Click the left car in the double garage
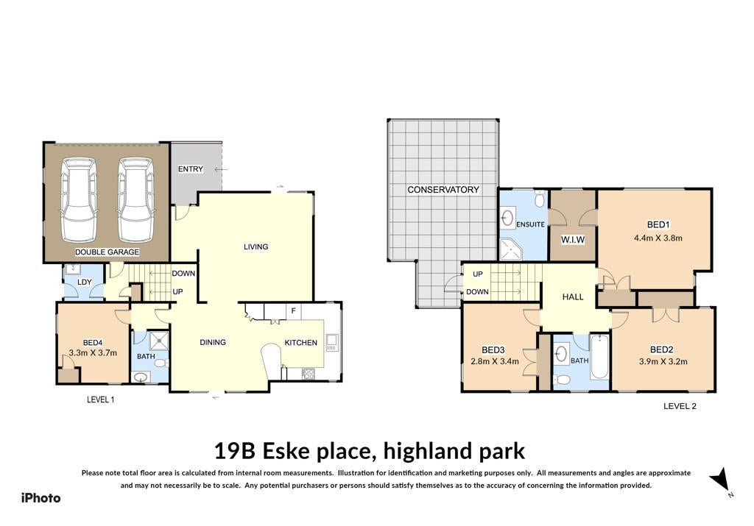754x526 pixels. (x=78, y=200)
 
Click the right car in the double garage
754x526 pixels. (x=136, y=200)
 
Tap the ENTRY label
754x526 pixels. (x=191, y=169)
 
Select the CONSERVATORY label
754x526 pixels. (x=443, y=190)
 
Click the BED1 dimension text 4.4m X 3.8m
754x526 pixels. (x=658, y=238)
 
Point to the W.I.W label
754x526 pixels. (x=573, y=240)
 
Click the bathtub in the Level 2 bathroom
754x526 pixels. (x=599, y=357)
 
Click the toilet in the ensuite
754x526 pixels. (x=540, y=199)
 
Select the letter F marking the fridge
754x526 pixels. (x=293, y=311)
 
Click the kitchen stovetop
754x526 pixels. (x=307, y=373)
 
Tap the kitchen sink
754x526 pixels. (x=332, y=342)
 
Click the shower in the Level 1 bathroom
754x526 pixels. (x=159, y=341)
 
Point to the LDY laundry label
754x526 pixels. (x=84, y=282)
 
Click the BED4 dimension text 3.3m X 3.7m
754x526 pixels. (x=93, y=352)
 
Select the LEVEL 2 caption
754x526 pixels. (x=680, y=406)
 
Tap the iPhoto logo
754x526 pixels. (x=41, y=498)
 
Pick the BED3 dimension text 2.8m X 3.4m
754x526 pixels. (x=495, y=361)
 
